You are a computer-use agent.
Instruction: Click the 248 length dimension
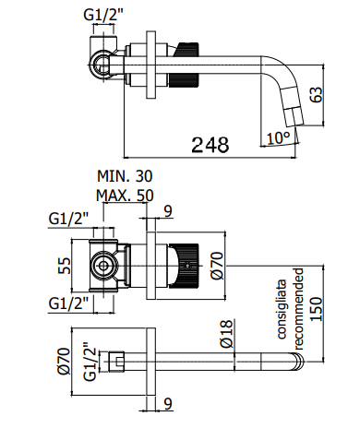(210, 145)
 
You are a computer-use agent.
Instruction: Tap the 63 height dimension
(317, 94)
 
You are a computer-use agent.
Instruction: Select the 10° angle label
(278, 138)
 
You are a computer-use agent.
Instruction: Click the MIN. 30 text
(125, 176)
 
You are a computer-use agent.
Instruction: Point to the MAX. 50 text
(125, 196)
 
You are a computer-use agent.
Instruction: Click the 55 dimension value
(65, 266)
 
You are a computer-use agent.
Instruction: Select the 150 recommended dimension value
(316, 309)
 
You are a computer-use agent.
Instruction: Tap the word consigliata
(282, 309)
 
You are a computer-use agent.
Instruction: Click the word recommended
(299, 309)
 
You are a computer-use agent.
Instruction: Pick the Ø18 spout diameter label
(227, 334)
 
